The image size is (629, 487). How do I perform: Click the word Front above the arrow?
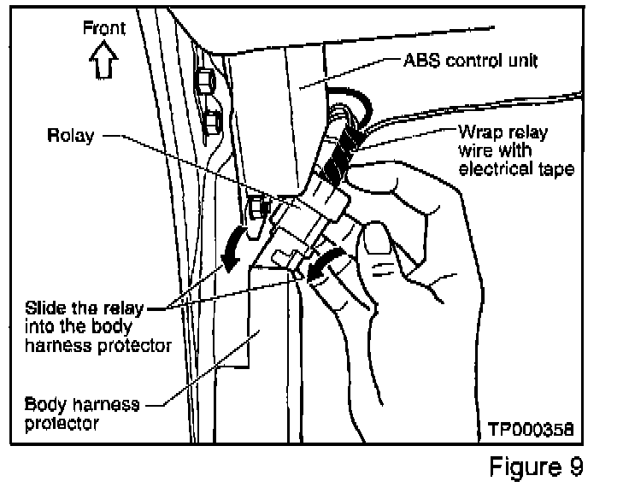coord(103,28)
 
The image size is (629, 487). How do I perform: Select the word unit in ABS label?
coord(519,62)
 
